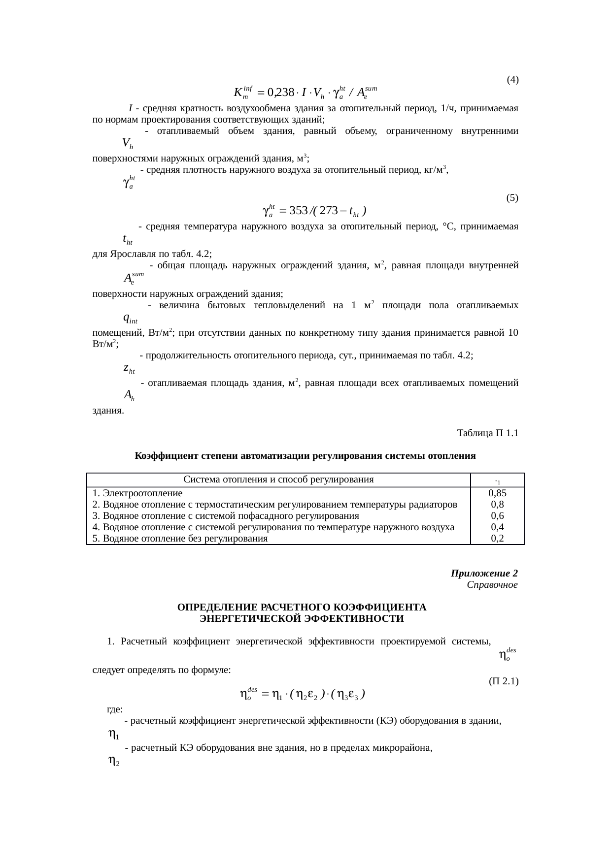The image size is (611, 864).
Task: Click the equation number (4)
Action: point(512,79)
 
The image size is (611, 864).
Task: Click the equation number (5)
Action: point(512,198)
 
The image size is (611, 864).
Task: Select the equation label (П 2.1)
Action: point(504,681)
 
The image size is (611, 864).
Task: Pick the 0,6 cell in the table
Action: point(498,516)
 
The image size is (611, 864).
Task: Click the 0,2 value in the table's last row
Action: point(498,538)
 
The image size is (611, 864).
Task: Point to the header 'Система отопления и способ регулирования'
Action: point(278,480)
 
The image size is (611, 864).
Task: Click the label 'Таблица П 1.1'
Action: point(488,433)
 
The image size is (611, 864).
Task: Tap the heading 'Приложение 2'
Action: point(484,574)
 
